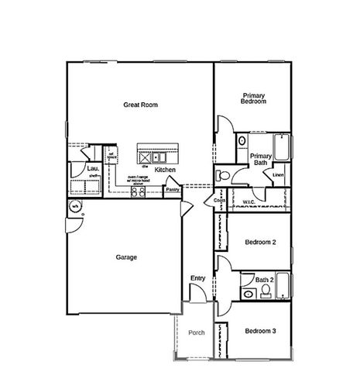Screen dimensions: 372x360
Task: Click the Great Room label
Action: [x=139, y=104]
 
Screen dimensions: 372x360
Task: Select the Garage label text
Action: [x=126, y=257]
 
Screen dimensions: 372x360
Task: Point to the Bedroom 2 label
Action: [x=260, y=243]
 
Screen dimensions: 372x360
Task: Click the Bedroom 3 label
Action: [x=260, y=331]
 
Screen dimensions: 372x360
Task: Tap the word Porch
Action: [x=197, y=332]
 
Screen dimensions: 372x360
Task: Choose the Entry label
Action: [x=197, y=277]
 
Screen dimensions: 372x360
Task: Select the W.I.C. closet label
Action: [x=249, y=201]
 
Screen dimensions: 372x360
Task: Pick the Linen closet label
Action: [x=279, y=175]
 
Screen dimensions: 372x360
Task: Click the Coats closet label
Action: [x=218, y=201]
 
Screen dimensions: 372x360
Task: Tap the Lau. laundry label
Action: [x=91, y=167]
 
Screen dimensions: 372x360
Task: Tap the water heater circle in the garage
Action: [x=75, y=207]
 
